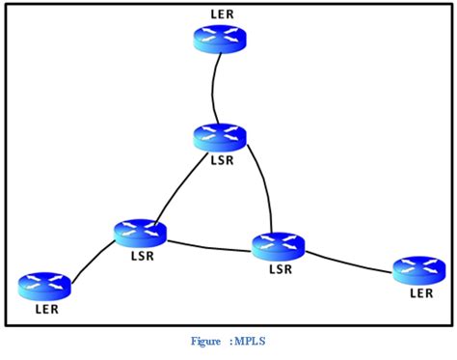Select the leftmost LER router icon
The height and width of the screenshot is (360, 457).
click(x=44, y=285)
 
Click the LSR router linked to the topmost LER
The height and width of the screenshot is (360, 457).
click(x=221, y=137)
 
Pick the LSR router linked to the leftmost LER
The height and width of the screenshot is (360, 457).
click(x=140, y=233)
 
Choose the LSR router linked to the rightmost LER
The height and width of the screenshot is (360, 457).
click(x=279, y=245)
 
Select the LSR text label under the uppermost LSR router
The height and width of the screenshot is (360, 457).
click(x=222, y=158)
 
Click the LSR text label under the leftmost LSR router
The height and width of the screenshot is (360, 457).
click(x=142, y=257)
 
